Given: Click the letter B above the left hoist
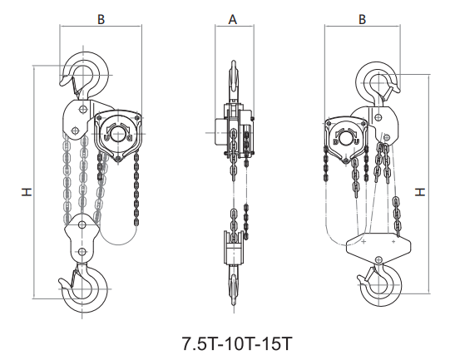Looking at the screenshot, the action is (x=101, y=19).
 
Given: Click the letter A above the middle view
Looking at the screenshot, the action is (x=233, y=19).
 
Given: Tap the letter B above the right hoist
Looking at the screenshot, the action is (x=362, y=19).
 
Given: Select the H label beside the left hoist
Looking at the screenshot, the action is (x=27, y=192).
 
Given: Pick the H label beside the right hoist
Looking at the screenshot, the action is (x=420, y=191).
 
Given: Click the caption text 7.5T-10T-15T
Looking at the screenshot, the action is (x=237, y=343).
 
